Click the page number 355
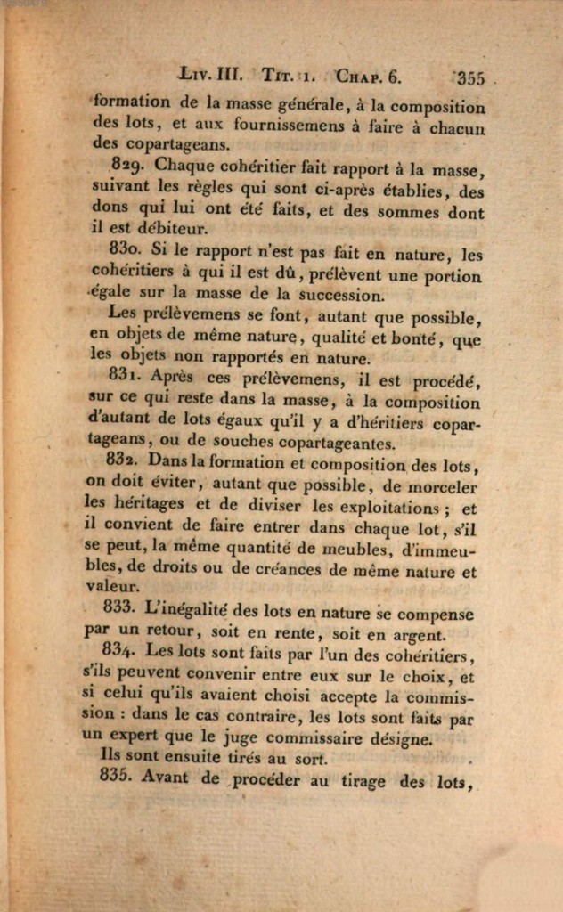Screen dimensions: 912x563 [469, 77]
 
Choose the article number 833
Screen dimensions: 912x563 [118, 608]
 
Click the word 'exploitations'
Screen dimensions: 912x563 [396, 508]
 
